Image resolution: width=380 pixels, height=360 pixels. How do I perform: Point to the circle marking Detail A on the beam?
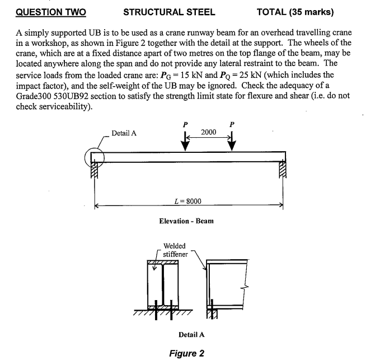94,158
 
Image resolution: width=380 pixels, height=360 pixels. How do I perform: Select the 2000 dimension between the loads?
209,132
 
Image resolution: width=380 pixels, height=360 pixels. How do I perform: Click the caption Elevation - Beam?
187,221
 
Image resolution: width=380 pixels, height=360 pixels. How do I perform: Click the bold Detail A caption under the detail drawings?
191,334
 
